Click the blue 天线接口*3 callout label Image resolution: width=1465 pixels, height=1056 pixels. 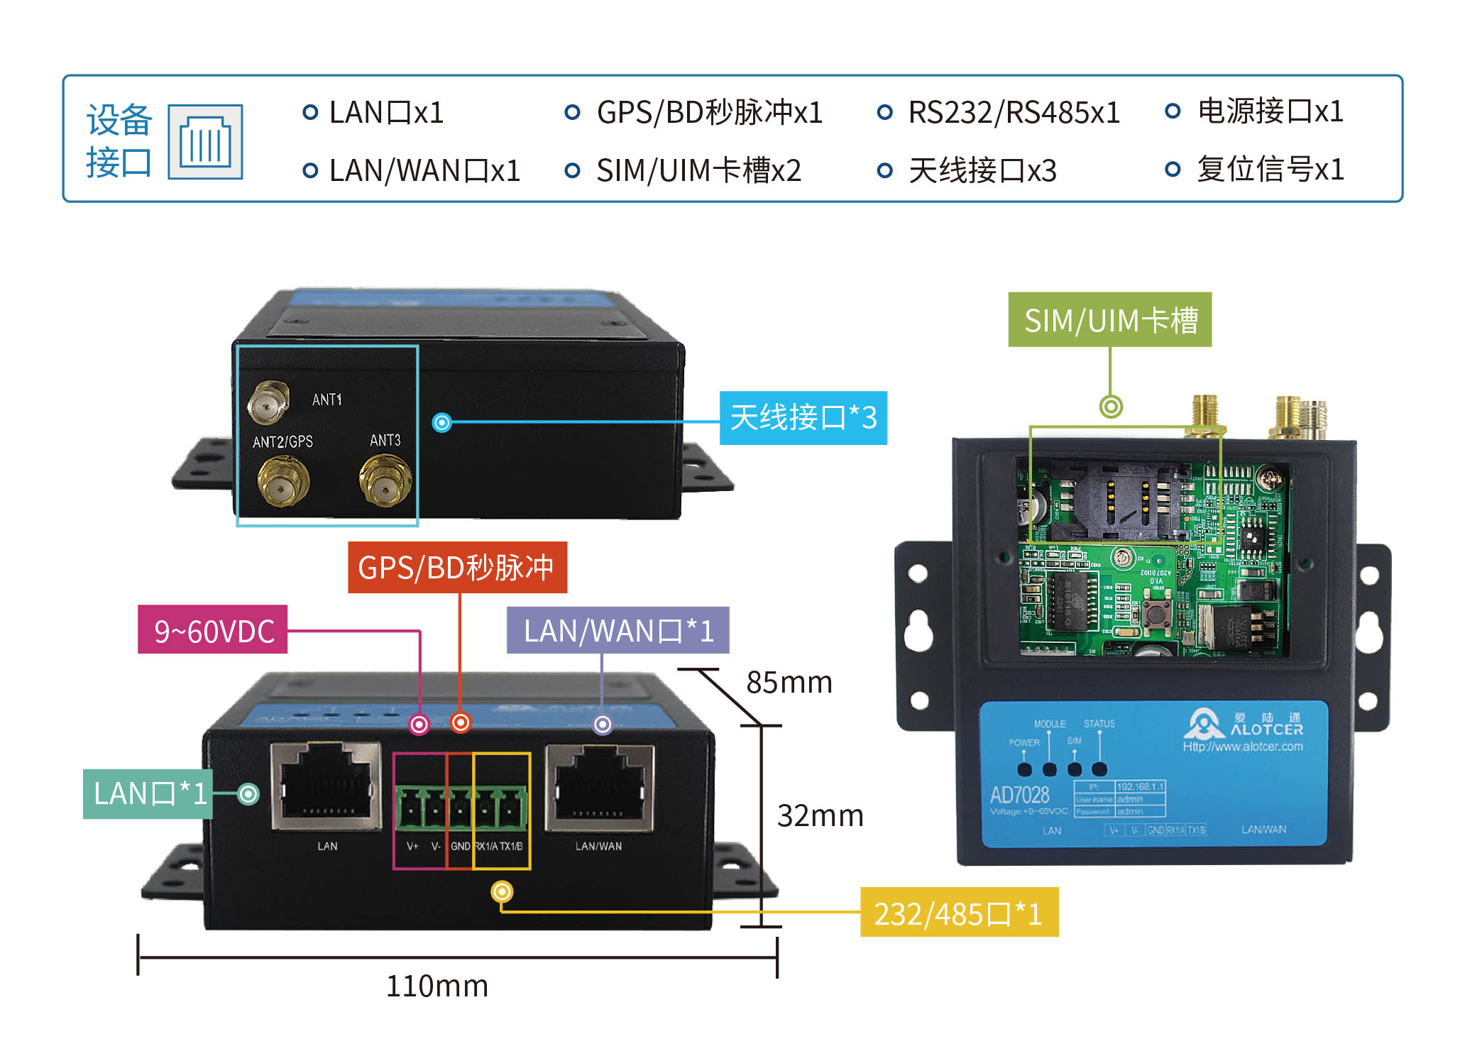click(x=803, y=418)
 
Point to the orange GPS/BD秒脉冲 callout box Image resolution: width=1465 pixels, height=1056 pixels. click(x=457, y=567)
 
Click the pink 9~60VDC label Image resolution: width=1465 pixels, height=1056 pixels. click(x=213, y=630)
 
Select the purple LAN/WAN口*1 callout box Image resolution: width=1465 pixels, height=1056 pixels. click(x=618, y=630)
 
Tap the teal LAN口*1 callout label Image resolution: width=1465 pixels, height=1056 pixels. click(x=148, y=793)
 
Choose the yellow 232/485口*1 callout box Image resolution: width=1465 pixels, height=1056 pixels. click(x=958, y=913)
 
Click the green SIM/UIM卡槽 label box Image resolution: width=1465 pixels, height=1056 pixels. click(x=1109, y=320)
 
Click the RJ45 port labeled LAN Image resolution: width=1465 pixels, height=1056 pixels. click(x=327, y=786)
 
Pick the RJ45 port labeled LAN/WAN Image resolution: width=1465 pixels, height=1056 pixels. click(x=600, y=786)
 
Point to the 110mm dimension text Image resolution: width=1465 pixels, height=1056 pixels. click(x=437, y=986)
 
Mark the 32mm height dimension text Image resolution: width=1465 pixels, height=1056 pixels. click(x=820, y=816)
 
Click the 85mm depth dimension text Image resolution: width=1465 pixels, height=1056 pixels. click(x=789, y=683)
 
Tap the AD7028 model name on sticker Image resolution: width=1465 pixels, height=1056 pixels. click(x=1019, y=795)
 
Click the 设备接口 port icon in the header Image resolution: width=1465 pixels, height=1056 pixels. click(x=205, y=142)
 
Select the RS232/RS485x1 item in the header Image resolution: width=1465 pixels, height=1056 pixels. click(x=1014, y=113)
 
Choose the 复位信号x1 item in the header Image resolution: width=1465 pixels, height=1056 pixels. click(x=1270, y=170)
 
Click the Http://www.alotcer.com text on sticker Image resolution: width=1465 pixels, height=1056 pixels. click(x=1242, y=747)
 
